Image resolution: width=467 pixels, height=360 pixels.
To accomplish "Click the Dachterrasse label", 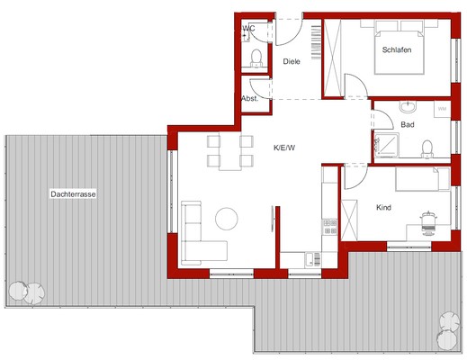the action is click(x=73, y=194).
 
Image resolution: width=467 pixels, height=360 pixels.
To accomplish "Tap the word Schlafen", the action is click(x=397, y=49).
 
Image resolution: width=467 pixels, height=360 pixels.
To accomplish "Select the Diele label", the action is click(x=292, y=61).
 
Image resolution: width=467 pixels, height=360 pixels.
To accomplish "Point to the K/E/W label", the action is click(x=284, y=148).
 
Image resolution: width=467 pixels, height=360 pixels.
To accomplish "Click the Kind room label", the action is click(x=383, y=207).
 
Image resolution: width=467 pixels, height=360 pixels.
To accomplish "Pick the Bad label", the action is click(x=408, y=124).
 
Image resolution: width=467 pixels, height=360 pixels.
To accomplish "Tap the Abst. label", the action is click(x=249, y=98).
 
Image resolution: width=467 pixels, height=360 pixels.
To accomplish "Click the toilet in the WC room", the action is click(x=256, y=58).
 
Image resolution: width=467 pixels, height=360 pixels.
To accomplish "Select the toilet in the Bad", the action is click(x=427, y=148).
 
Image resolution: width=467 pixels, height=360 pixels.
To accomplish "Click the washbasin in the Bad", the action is click(x=408, y=107).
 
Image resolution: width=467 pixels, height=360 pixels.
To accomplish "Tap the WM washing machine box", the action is click(x=442, y=109).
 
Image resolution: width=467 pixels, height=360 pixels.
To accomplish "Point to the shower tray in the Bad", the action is click(x=387, y=145).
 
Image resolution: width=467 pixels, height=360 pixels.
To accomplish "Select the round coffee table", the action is click(x=227, y=219).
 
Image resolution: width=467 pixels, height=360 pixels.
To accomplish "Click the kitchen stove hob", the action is click(x=330, y=227).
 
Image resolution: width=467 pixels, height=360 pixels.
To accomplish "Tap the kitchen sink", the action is click(x=313, y=260).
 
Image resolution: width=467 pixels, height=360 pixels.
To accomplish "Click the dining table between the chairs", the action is click(x=230, y=151).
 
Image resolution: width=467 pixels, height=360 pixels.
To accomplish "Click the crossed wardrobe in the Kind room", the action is click(x=349, y=220).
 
